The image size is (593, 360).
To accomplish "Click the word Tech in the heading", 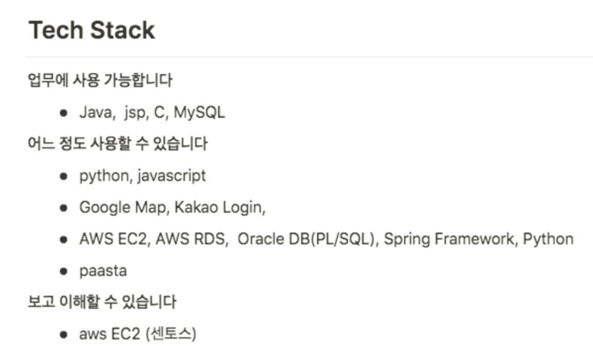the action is coord(53,30).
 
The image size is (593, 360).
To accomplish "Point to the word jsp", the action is coord(135,113).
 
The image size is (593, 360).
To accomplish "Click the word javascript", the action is coord(171,176).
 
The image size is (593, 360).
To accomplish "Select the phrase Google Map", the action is coord(122,207).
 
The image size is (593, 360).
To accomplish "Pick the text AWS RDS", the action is coord(190,239).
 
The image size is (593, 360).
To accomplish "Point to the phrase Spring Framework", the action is coord(450,239).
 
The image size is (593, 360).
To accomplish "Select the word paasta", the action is coord(103,271).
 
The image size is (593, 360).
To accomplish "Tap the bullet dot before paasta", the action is coord(64,271).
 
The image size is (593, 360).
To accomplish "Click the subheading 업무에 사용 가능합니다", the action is coord(100,81).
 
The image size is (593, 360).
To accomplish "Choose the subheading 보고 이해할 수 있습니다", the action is coord(102,302).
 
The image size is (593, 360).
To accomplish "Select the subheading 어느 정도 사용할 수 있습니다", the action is coord(118,144).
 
